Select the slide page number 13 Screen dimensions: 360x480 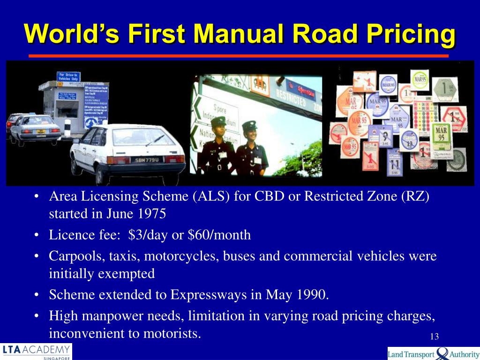pyautogui.click(x=434, y=337)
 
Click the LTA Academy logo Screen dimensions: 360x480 pyautogui.click(x=37, y=352)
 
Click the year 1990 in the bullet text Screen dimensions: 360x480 pyautogui.click(x=313, y=295)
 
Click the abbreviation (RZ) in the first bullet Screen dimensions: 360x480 pyautogui.click(x=415, y=196)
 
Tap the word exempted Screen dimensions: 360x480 pyautogui.click(x=126, y=273)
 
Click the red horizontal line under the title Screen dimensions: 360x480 pyautogui.click(x=239, y=55)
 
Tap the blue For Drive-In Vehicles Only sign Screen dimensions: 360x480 pyautogui.click(x=68, y=77)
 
